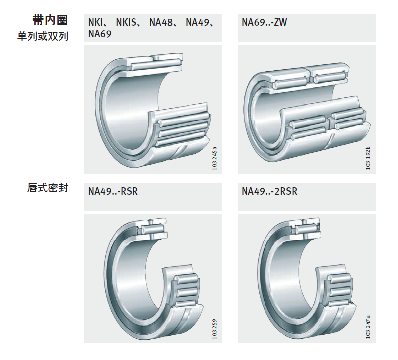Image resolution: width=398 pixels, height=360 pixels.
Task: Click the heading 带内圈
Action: coord(50,20)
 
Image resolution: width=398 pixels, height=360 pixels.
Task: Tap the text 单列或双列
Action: coord(43,36)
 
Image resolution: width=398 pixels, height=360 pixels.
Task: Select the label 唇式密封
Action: coord(48,188)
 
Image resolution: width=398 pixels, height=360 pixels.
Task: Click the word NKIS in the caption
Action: coord(126,22)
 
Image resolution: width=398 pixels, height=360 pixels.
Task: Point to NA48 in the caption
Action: coord(161,22)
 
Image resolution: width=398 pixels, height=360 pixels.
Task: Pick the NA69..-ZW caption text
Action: coord(264,22)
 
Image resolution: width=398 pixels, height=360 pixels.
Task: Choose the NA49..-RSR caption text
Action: coord(113,191)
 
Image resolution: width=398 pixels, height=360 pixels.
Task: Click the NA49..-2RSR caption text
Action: coord(269,191)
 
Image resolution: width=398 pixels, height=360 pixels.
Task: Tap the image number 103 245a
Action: coord(215,158)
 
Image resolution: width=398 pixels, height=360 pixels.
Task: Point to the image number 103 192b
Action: coord(368,158)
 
